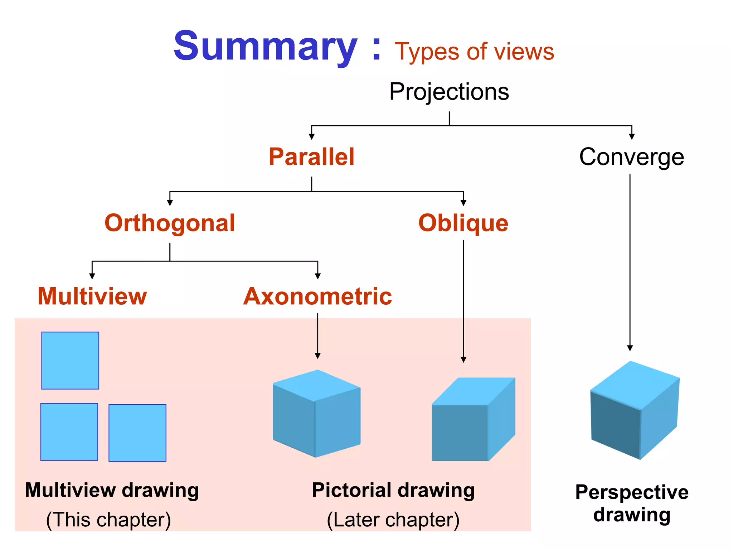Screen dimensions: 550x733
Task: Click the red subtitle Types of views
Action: tap(474, 52)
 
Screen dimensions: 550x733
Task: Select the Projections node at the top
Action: tap(449, 92)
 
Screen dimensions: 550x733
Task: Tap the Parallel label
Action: tap(311, 157)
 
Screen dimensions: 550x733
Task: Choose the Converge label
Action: tap(631, 157)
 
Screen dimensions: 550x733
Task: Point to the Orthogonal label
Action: tap(170, 223)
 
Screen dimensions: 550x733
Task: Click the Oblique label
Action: tap(463, 223)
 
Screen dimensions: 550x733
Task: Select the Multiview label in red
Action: tap(92, 296)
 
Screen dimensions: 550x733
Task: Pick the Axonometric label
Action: tap(317, 296)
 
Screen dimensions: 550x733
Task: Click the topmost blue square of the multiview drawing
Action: tap(70, 360)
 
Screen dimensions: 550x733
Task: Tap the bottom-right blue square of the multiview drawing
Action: tap(137, 433)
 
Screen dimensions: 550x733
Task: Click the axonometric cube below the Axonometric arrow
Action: tap(316, 414)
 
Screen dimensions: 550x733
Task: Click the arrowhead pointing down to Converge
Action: tap(632, 136)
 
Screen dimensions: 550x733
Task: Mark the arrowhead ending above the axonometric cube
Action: tap(317, 356)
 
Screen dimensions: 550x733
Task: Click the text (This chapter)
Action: tap(108, 520)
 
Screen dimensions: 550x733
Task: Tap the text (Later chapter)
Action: tap(393, 520)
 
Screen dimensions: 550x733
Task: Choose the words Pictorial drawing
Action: tap(393, 490)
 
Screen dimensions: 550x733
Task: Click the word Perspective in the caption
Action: tap(632, 492)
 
